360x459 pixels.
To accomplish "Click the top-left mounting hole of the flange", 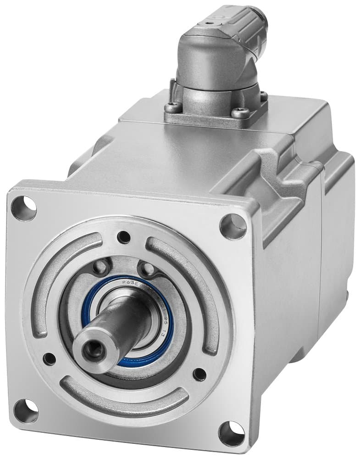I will [23, 208].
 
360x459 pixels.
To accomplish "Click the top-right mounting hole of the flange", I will [233, 225].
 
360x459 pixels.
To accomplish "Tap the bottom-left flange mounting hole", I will [26, 410].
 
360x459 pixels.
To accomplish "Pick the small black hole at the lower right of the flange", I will [199, 374].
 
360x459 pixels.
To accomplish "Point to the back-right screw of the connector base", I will [264, 96].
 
